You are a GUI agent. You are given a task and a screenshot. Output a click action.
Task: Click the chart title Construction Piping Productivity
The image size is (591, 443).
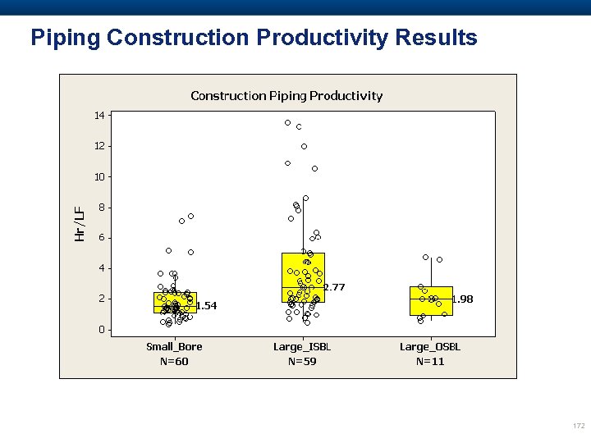[x=286, y=96]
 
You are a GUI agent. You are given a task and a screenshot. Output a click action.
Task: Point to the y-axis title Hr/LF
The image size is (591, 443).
[x=80, y=223]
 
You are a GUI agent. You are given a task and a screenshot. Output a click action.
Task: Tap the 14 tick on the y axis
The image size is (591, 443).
[x=98, y=116]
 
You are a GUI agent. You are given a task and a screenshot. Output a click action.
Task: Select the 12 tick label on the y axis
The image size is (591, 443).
[x=98, y=146]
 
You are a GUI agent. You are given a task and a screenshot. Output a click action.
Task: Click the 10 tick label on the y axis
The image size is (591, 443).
[x=98, y=176]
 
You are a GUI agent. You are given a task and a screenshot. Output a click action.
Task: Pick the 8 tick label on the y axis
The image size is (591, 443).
[x=101, y=208]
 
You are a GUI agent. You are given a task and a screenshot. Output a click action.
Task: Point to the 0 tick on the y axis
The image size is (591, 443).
[x=101, y=330]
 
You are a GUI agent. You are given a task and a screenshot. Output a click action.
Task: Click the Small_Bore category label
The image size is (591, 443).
[x=174, y=347]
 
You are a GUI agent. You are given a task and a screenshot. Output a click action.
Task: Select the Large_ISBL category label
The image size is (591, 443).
[x=302, y=347]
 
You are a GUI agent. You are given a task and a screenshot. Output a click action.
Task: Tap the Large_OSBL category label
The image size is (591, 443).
[x=430, y=347]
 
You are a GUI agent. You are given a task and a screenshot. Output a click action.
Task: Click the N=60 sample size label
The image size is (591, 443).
[x=174, y=361]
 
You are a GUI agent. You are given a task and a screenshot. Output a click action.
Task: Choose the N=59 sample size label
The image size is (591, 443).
[x=302, y=361]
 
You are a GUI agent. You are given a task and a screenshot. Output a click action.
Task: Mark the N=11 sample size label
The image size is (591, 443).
[x=430, y=361]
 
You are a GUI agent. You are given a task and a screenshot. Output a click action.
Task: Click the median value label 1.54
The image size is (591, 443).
[x=206, y=306]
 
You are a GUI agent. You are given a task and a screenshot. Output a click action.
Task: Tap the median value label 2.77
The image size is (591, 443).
[x=334, y=287]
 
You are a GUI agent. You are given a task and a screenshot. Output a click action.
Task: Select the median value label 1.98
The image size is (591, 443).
[x=462, y=299]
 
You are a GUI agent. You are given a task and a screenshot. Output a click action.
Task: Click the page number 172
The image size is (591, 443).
[x=578, y=426]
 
